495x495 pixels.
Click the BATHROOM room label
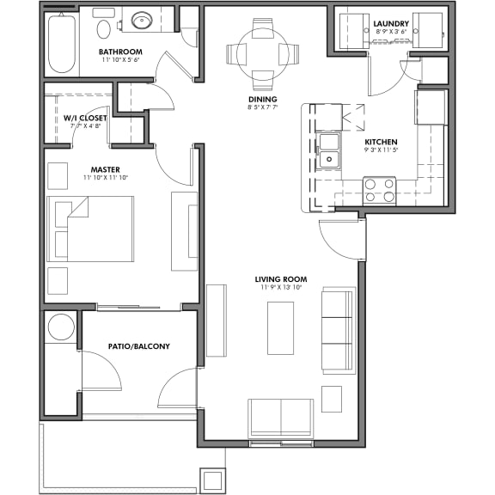click(120, 52)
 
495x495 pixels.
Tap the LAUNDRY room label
click(391, 23)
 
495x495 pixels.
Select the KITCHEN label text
click(381, 142)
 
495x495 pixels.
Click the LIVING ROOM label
click(280, 279)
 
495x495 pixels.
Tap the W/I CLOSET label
click(85, 118)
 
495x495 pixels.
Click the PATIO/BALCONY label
click(138, 346)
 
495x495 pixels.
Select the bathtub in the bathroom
click(62, 43)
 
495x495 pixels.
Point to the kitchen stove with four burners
click(379, 190)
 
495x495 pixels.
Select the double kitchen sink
click(328, 150)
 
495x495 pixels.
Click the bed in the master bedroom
click(91, 229)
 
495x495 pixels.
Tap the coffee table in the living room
click(280, 327)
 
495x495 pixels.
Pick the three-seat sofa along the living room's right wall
click(337, 329)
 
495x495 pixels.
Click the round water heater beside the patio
click(61, 327)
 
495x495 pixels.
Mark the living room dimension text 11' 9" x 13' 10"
click(280, 289)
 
